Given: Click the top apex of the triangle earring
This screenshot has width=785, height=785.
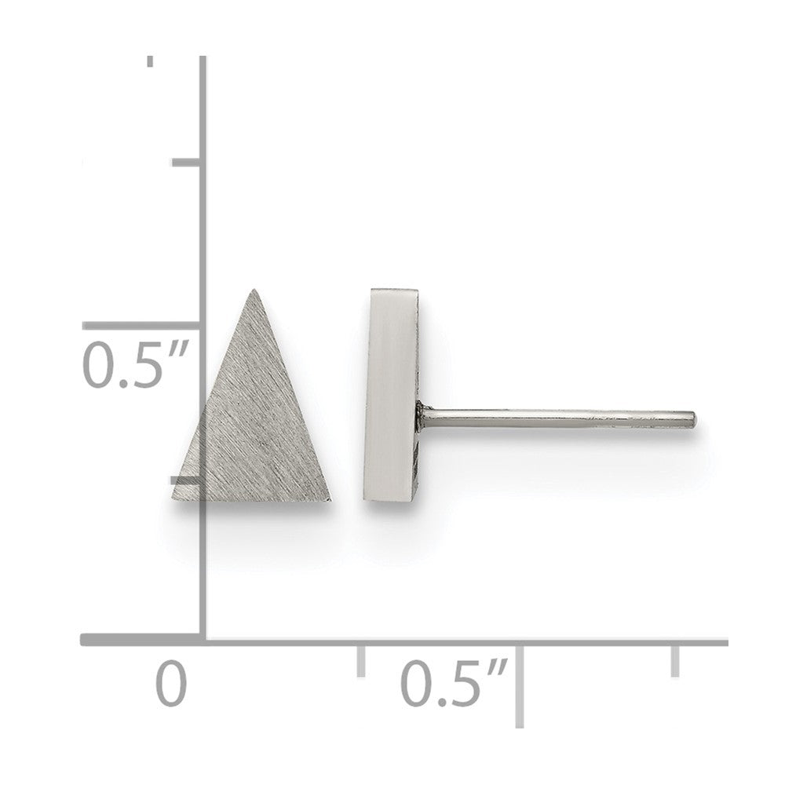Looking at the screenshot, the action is pyautogui.click(x=254, y=290).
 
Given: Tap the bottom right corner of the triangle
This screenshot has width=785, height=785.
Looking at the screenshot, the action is pyautogui.click(x=330, y=499).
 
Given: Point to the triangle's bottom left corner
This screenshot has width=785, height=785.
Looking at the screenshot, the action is pyautogui.click(x=172, y=499).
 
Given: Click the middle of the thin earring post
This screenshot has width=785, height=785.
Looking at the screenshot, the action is pyautogui.click(x=557, y=418).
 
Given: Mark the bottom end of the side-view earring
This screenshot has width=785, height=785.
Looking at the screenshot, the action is pyautogui.click(x=390, y=499).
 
